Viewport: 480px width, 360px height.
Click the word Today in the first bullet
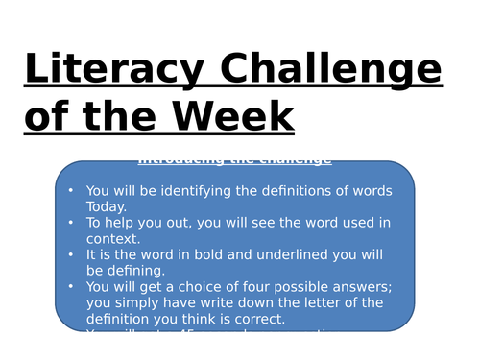(107, 206)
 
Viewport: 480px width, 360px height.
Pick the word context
(112, 238)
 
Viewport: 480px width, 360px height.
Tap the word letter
(330, 301)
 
